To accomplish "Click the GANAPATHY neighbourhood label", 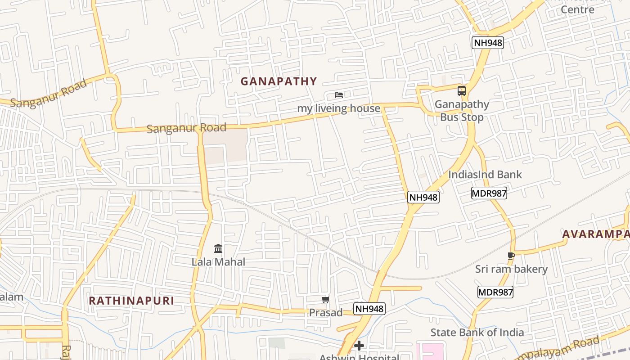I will pos(279,81).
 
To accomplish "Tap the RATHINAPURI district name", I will pos(131,301).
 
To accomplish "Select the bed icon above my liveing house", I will pos(339,95).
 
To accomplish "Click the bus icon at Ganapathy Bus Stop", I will pos(462,91).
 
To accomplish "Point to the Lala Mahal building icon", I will pos(218,248).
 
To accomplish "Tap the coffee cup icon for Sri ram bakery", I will pos(511,256).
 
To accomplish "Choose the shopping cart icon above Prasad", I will pos(325,300).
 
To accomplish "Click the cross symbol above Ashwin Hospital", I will pos(359,346).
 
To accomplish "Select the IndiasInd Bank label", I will pos(485,175).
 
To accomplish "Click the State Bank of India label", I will pos(477,333).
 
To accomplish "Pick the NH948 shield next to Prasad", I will pos(369,309).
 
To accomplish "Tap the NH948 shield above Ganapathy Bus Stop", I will pos(488,43).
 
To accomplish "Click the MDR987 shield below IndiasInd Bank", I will pos(489,193).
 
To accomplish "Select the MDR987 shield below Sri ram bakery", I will pos(495,292).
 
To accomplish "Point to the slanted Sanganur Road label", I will pos(48,94).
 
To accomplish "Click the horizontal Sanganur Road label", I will pos(186,128).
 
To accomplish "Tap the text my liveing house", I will pos(338,108).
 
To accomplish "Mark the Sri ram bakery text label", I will pos(511,269).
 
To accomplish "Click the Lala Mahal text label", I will pos(218,262).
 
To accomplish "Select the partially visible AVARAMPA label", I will pos(595,234).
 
